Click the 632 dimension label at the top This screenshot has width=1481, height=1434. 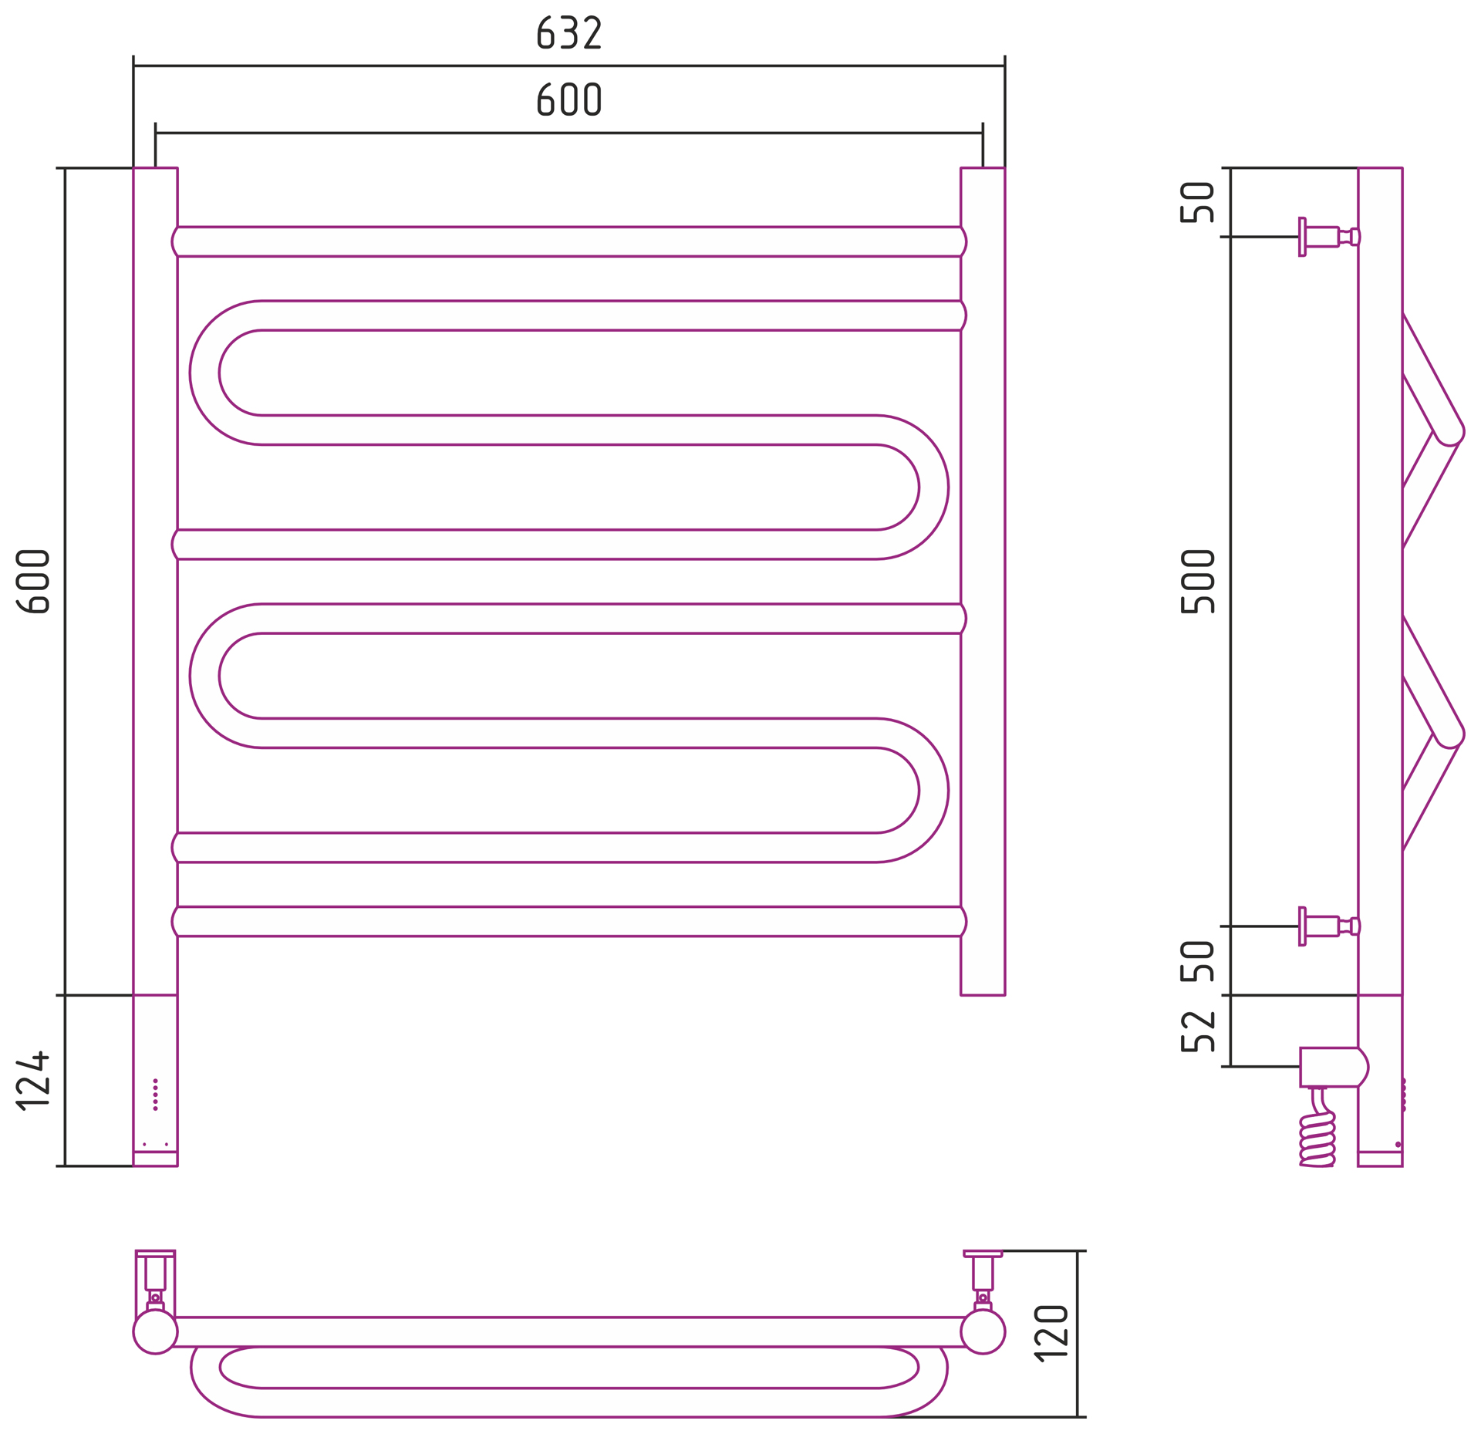[568, 33]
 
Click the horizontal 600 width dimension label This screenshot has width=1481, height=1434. [568, 100]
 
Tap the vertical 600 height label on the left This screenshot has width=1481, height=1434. [33, 582]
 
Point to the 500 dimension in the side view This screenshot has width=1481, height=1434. [1197, 582]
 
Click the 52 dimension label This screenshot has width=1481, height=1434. [1197, 1031]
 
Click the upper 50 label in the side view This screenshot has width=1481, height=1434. [1197, 202]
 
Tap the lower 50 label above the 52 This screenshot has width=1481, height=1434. [1197, 961]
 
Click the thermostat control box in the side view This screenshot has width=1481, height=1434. [1333, 1067]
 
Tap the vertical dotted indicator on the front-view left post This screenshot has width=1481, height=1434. [155, 1095]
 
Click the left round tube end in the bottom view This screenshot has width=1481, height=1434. [155, 1331]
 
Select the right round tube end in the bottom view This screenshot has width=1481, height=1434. [983, 1331]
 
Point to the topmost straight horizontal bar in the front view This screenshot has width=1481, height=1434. [568, 241]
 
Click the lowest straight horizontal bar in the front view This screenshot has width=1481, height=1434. [568, 921]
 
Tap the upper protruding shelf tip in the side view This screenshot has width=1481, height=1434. [1451, 433]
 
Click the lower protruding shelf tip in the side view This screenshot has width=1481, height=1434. [1451, 735]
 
